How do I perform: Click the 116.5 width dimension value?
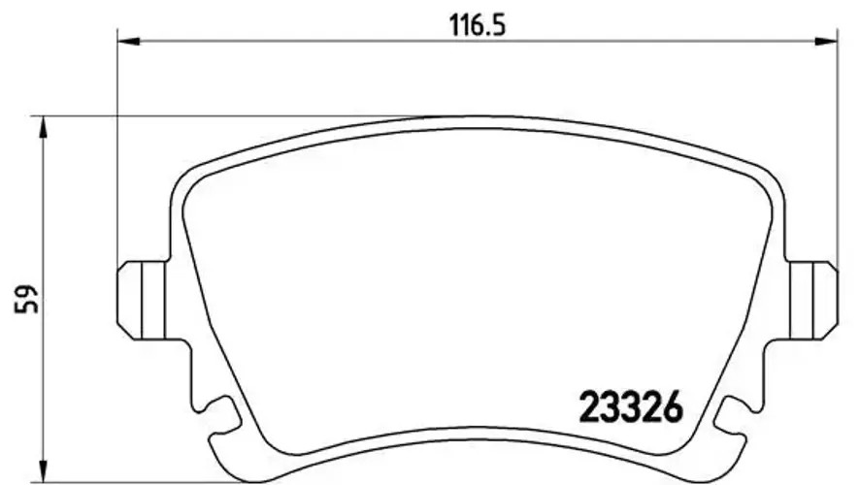pyautogui.click(x=478, y=26)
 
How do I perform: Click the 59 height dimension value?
pyautogui.click(x=27, y=299)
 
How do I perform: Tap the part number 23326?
pyautogui.click(x=631, y=407)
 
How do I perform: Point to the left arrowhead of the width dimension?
pyautogui.click(x=129, y=41)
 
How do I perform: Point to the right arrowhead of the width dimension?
pyautogui.click(x=826, y=41)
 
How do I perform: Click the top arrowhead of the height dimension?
pyautogui.click(x=43, y=127)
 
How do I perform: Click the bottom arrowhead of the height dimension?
pyautogui.click(x=43, y=471)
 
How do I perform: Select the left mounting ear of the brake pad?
pyautogui.click(x=142, y=300)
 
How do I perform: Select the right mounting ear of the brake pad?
pyautogui.click(x=813, y=300)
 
